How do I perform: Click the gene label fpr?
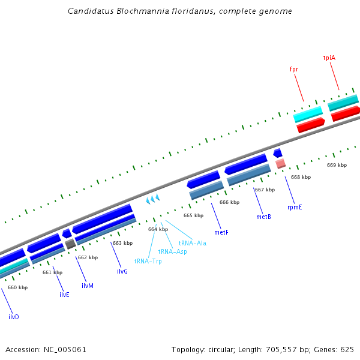pos(294,70)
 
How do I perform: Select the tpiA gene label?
pos(329,58)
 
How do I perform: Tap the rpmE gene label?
pos(295,207)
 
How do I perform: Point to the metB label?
pos(263,217)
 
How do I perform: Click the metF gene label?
pos(221,232)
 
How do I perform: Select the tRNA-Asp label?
pos(172,252)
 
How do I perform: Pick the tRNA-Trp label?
pos(148,261)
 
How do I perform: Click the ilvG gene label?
pos(122,271)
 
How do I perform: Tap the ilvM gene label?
pos(88,286)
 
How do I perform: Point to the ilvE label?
pos(64,295)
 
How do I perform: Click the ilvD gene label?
pos(13,316)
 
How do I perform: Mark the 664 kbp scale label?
pos(158,229)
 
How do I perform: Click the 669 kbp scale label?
pos(337,165)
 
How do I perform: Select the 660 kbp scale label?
pos(17,287)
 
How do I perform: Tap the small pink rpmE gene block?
pos(280,163)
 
